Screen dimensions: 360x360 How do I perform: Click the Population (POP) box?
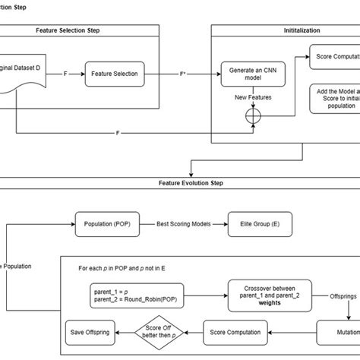(x=106, y=224)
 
